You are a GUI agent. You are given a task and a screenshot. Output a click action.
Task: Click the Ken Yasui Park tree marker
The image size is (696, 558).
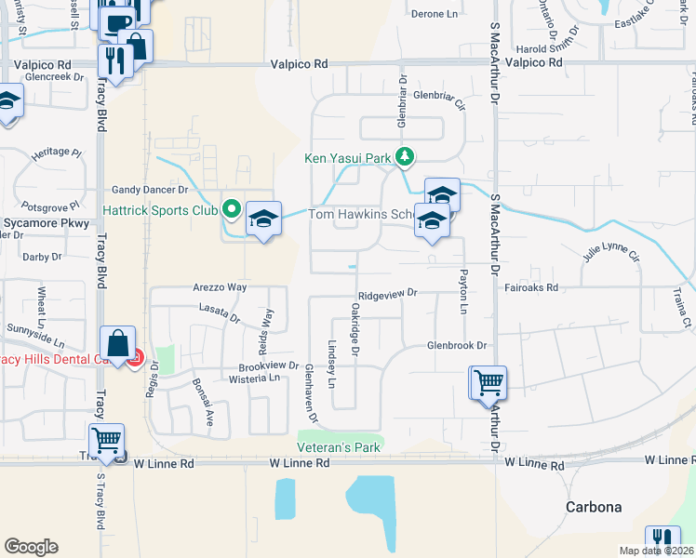pos(404,157)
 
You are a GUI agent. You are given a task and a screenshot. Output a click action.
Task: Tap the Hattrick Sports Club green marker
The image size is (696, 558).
pos(231,208)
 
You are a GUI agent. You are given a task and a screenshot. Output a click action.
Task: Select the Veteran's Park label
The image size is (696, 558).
pos(341,447)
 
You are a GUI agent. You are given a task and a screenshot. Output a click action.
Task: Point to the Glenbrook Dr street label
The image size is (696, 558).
pos(458,345)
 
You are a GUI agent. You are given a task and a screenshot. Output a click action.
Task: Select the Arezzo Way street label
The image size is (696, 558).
pos(221,287)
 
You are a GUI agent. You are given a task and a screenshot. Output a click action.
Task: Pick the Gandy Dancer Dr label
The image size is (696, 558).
pos(150,189)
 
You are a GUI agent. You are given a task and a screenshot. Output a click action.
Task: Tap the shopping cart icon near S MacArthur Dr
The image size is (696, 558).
pos(489,382)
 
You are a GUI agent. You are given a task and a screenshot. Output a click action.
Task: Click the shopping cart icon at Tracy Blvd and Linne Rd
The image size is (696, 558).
pos(107,440)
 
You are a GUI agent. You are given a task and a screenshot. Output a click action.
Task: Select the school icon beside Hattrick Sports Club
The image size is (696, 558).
pos(264,219)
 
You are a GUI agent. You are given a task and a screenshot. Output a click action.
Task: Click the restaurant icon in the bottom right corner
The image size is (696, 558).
pos(662,538)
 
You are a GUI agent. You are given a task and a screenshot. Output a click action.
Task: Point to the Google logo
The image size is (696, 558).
pos(32,547)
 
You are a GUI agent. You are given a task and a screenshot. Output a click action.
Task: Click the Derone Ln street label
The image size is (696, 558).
pos(435,14)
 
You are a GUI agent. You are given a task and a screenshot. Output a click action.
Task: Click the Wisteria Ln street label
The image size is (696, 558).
pos(255,379)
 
